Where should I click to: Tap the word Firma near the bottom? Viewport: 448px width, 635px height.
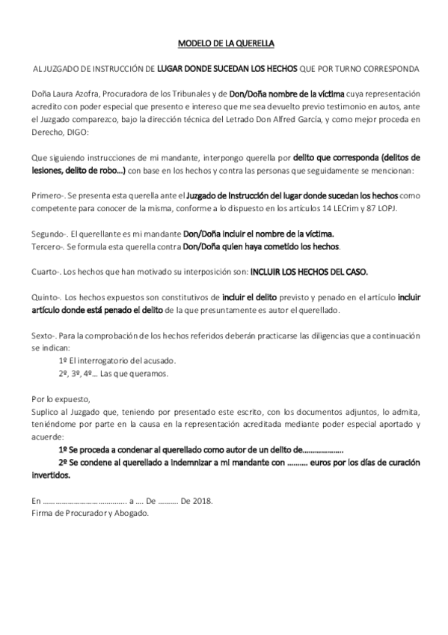pos(43,513)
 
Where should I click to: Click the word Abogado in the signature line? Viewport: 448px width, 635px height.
pos(133,513)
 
